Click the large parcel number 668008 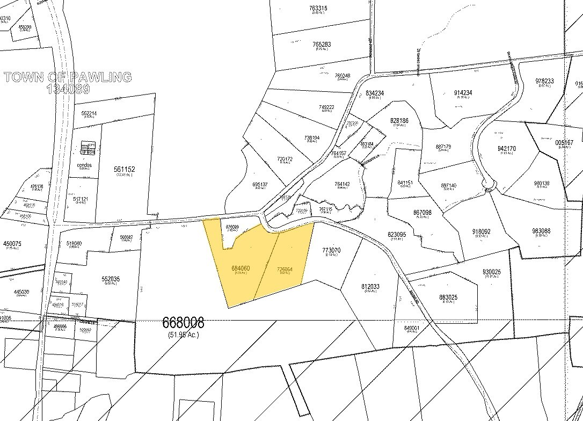[183, 323]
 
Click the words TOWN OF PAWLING [68, 77]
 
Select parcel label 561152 [125, 169]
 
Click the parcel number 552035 [110, 279]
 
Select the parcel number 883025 [448, 297]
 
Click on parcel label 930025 [491, 272]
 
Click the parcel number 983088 [542, 231]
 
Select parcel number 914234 [462, 92]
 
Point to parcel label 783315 [318, 8]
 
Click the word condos [84, 165]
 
